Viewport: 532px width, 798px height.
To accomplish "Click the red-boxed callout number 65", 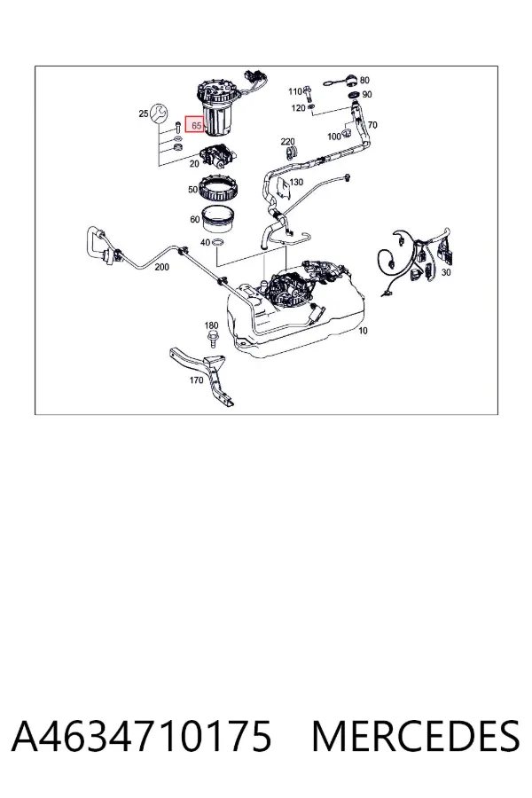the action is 197,125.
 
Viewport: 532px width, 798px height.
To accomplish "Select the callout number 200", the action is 162,267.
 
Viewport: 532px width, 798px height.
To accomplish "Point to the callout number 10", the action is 363,331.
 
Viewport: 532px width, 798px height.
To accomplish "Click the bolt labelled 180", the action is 211,338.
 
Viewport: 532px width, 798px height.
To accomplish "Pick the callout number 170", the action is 196,379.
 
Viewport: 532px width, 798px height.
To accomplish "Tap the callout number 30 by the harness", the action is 446,272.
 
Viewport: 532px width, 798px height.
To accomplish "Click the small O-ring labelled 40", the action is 216,244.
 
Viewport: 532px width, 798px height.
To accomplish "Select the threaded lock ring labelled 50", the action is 215,188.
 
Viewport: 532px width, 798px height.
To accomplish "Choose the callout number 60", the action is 194,219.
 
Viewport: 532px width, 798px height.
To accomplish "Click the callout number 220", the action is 288,142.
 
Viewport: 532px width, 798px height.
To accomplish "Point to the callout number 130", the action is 296,182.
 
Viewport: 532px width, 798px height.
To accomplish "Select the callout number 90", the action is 367,94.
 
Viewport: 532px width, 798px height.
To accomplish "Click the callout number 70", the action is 372,125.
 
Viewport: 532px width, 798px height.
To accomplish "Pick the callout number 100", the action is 334,137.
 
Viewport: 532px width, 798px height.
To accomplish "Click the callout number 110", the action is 295,91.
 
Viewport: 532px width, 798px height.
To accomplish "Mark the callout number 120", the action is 298,108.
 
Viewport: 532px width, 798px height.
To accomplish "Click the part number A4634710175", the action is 142,736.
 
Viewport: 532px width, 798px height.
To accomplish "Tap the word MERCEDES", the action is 416,736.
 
